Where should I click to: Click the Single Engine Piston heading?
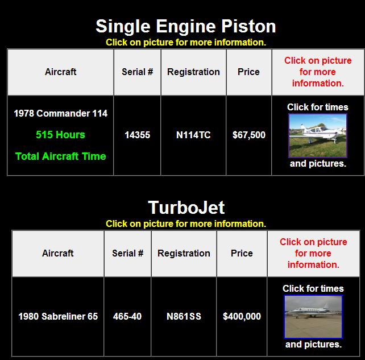(186, 26)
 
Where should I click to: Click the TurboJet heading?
(186, 207)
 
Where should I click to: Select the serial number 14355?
(138, 135)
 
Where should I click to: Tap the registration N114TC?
(193, 135)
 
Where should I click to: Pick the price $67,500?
(249, 135)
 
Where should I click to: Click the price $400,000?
(242, 316)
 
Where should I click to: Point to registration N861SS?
(184, 316)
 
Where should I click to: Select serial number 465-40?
(127, 316)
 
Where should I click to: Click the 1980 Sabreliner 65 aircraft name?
(58, 316)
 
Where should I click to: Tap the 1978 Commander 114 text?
(60, 113)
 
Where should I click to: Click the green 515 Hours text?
(60, 135)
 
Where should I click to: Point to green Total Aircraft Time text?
(60, 156)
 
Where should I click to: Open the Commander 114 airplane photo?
(318, 135)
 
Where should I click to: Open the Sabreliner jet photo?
(313, 317)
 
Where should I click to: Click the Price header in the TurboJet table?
(242, 253)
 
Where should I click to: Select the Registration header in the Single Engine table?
(193, 72)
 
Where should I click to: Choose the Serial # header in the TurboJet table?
(127, 253)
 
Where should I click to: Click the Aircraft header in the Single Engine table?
(60, 72)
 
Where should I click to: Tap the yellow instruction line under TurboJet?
(186, 224)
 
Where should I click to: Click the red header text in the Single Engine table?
(318, 72)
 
